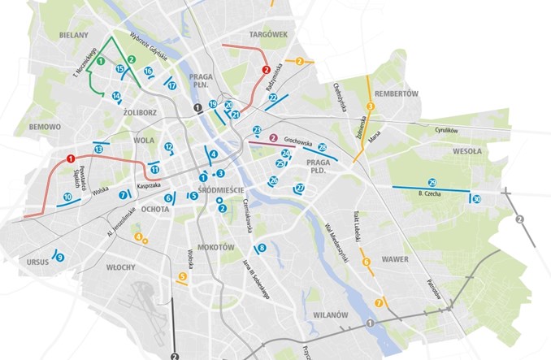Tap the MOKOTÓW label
tap(215, 247)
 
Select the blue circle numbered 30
tap(476, 199)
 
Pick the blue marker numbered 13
tap(98, 150)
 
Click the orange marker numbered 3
tap(370, 106)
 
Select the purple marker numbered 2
tap(274, 138)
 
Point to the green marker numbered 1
tap(100, 61)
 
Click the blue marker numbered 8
tap(261, 248)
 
